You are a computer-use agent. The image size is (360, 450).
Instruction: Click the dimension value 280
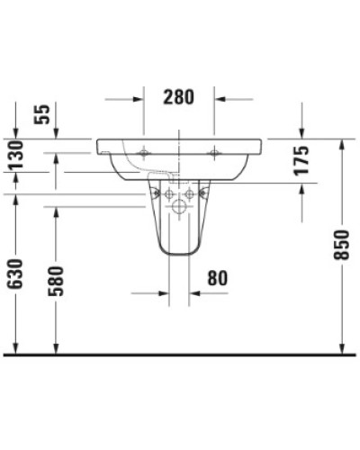179,97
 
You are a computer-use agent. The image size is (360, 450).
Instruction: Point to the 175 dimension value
301,159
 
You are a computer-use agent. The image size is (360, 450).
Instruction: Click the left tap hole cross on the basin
144,153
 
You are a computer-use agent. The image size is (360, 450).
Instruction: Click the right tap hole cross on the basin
214,153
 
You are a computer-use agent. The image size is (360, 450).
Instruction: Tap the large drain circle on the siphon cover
178,209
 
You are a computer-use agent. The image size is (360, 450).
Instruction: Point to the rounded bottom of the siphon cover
178,253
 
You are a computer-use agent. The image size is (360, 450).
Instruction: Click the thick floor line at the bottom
180,355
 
